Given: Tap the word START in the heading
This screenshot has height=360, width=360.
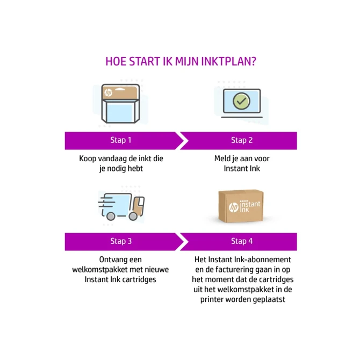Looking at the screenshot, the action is click(x=145, y=62).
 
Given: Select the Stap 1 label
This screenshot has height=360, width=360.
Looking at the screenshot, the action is click(x=121, y=140).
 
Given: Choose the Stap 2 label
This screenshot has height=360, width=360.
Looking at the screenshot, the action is click(x=242, y=140).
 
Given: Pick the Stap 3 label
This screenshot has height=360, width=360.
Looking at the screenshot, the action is click(x=121, y=241).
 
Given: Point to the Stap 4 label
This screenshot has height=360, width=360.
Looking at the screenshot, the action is click(x=242, y=241).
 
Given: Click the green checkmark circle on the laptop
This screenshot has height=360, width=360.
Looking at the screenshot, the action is click(x=242, y=101).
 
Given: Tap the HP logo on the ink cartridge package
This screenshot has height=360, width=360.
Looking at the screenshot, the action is click(x=108, y=92).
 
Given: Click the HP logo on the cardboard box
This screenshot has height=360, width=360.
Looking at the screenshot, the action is click(x=234, y=207).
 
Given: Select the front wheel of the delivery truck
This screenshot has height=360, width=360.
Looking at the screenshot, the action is click(x=133, y=216).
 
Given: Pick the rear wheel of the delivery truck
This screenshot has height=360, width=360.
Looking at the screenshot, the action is click(x=111, y=216).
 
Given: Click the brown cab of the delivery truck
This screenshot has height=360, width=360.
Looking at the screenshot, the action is click(x=139, y=205).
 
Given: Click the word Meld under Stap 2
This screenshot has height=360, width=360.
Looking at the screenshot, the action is click(x=221, y=159).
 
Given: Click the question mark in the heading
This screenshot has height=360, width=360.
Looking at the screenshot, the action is click(x=254, y=62).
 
